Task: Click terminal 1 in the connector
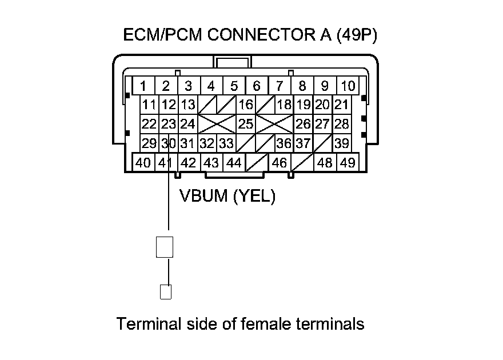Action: [x=143, y=86]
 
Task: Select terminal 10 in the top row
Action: [x=348, y=86]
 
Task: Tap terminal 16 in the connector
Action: [x=246, y=105]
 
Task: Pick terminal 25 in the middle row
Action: [x=246, y=123]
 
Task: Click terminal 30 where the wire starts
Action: [x=167, y=143]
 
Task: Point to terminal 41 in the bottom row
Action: [x=166, y=163]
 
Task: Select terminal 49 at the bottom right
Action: [x=347, y=163]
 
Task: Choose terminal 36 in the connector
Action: [x=284, y=143]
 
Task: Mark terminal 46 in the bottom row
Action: [x=279, y=163]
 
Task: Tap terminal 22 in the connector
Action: [x=149, y=123]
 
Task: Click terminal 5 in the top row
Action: [x=234, y=86]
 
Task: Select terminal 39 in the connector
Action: [x=342, y=143]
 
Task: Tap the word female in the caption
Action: [x=266, y=324]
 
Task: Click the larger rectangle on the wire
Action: [x=165, y=246]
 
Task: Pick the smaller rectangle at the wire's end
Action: [x=165, y=291]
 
